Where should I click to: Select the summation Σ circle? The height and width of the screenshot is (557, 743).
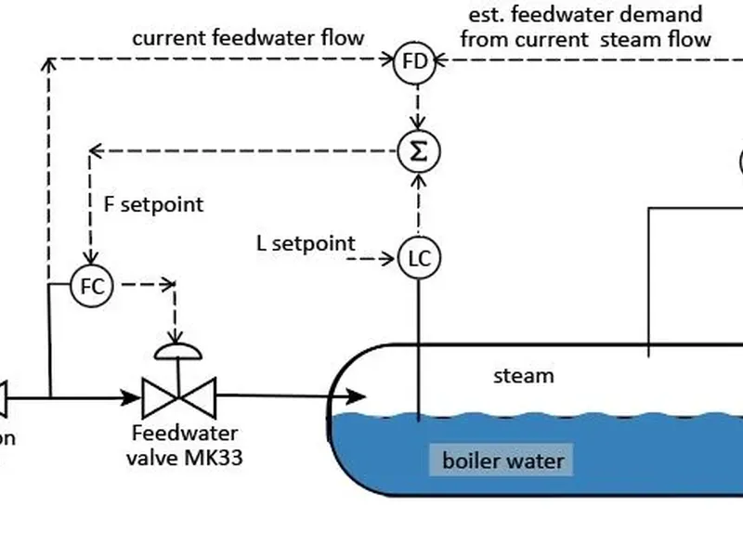(418, 151)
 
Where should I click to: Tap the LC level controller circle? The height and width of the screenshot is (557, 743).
(419, 258)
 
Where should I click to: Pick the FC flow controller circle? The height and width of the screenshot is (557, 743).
(92, 287)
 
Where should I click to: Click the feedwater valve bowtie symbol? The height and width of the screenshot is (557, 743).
(178, 397)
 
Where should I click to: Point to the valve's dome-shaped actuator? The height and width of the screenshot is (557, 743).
(176, 350)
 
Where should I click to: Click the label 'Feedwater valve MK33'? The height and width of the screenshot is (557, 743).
(184, 444)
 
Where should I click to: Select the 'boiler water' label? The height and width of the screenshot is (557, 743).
(502, 460)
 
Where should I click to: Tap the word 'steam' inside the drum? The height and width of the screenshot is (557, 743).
(523, 376)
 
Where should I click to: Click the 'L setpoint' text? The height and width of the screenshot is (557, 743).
(306, 244)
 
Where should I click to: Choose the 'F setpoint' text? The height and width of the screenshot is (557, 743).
(153, 204)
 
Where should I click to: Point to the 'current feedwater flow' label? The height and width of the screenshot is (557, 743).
(248, 38)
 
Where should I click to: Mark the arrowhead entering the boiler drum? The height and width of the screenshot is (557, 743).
(357, 397)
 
